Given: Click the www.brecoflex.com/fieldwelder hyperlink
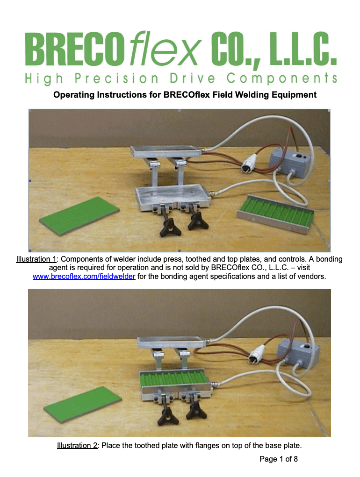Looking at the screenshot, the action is pos(84,277).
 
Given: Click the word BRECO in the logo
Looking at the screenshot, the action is pos(75,49).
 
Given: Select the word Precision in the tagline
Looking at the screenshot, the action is pos(116,78).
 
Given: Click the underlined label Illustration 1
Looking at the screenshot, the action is pos(36,259).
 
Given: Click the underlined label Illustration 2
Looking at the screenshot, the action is pos(77,445).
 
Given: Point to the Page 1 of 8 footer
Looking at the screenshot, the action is pos(279,459).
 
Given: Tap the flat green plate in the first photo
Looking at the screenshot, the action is pos(79,215).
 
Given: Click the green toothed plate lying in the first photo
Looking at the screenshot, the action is pos(275,214).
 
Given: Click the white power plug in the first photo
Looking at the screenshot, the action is pos(250,163).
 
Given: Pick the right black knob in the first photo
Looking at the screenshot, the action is pos(198,222).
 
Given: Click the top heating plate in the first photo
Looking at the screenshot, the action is pos(166,151).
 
